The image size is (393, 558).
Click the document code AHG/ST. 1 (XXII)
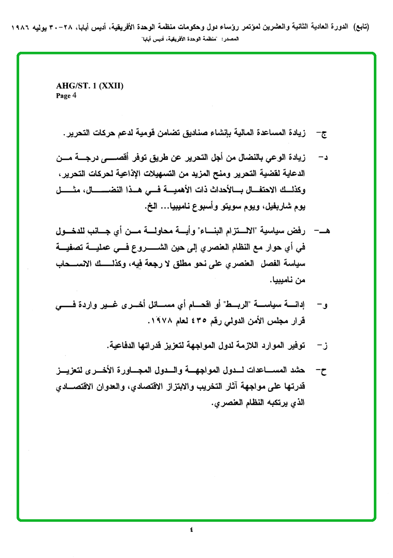[x=89, y=86]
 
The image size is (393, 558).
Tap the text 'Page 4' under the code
[x=66, y=95]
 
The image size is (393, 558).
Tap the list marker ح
[x=325, y=371]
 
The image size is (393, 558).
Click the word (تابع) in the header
[x=357, y=25]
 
